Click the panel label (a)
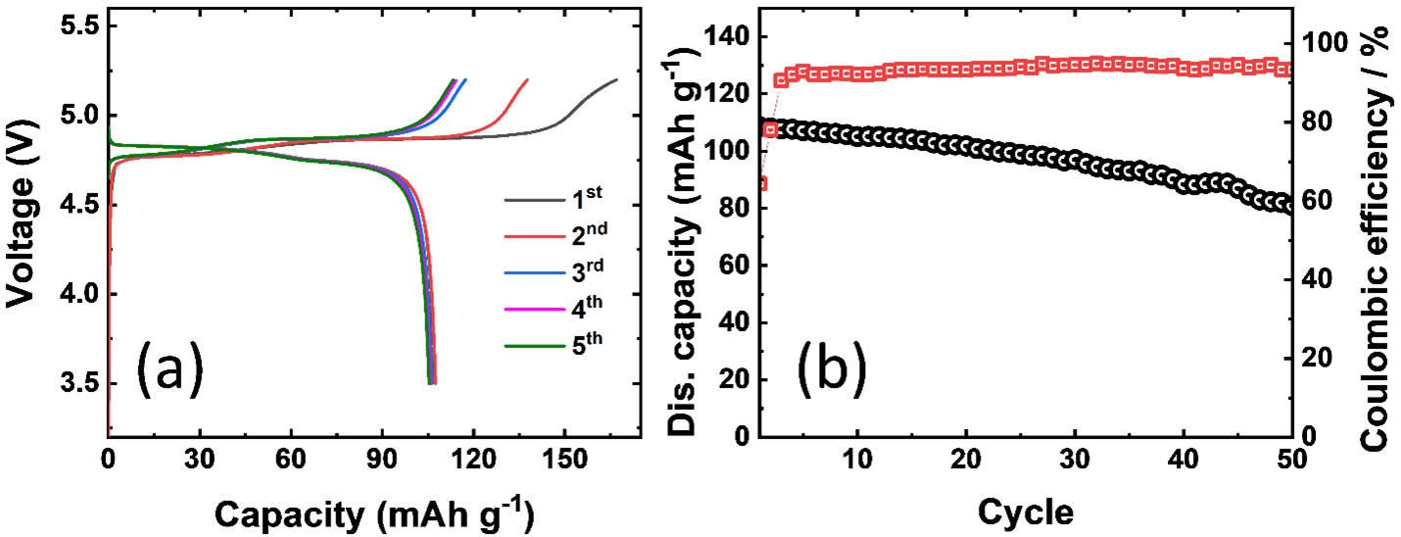coord(169,369)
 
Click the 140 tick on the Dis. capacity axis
coord(723,37)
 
